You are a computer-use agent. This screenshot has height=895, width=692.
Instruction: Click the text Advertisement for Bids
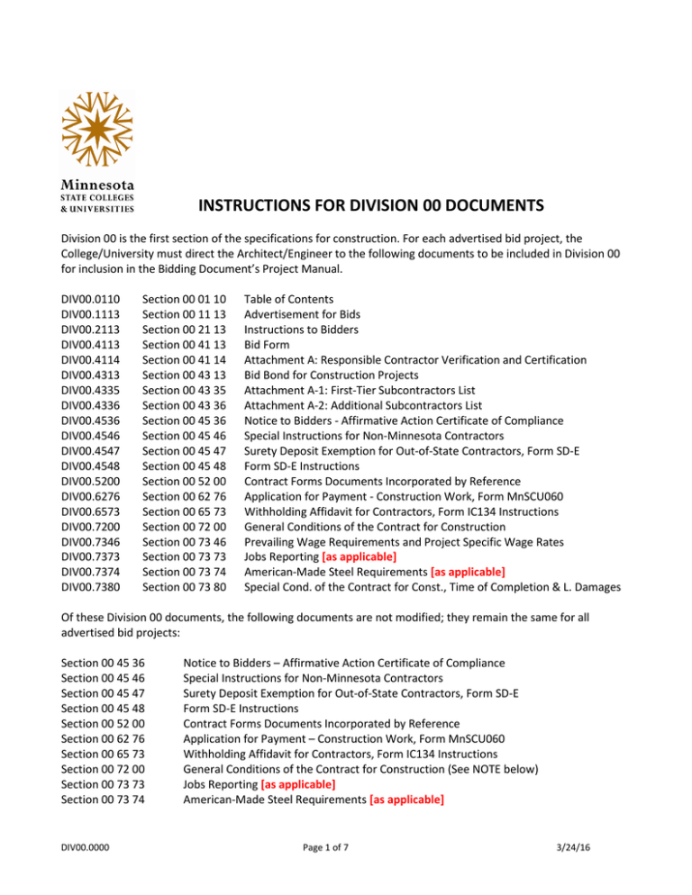click(305, 313)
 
